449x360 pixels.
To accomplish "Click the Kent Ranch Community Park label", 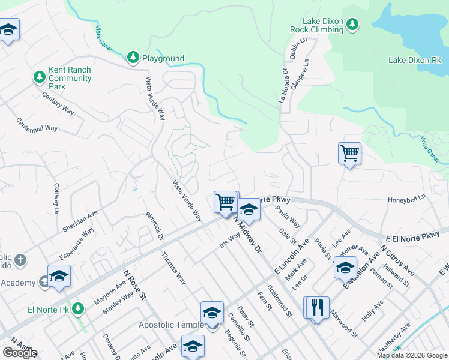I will point(70,79).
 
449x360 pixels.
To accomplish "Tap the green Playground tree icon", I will point(133,58).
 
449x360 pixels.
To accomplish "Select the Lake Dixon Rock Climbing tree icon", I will point(353,23).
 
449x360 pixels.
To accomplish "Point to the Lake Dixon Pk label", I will point(414,61).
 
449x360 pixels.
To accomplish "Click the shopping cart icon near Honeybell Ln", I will point(349,153).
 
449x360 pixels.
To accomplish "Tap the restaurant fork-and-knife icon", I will point(317,308).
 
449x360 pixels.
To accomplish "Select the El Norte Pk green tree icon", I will point(77,308).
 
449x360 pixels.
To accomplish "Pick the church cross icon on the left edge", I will point(20,260).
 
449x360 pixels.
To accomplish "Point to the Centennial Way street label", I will point(37,124).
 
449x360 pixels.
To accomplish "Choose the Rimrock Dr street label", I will point(154,225).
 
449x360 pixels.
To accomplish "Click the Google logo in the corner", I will point(20,353).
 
